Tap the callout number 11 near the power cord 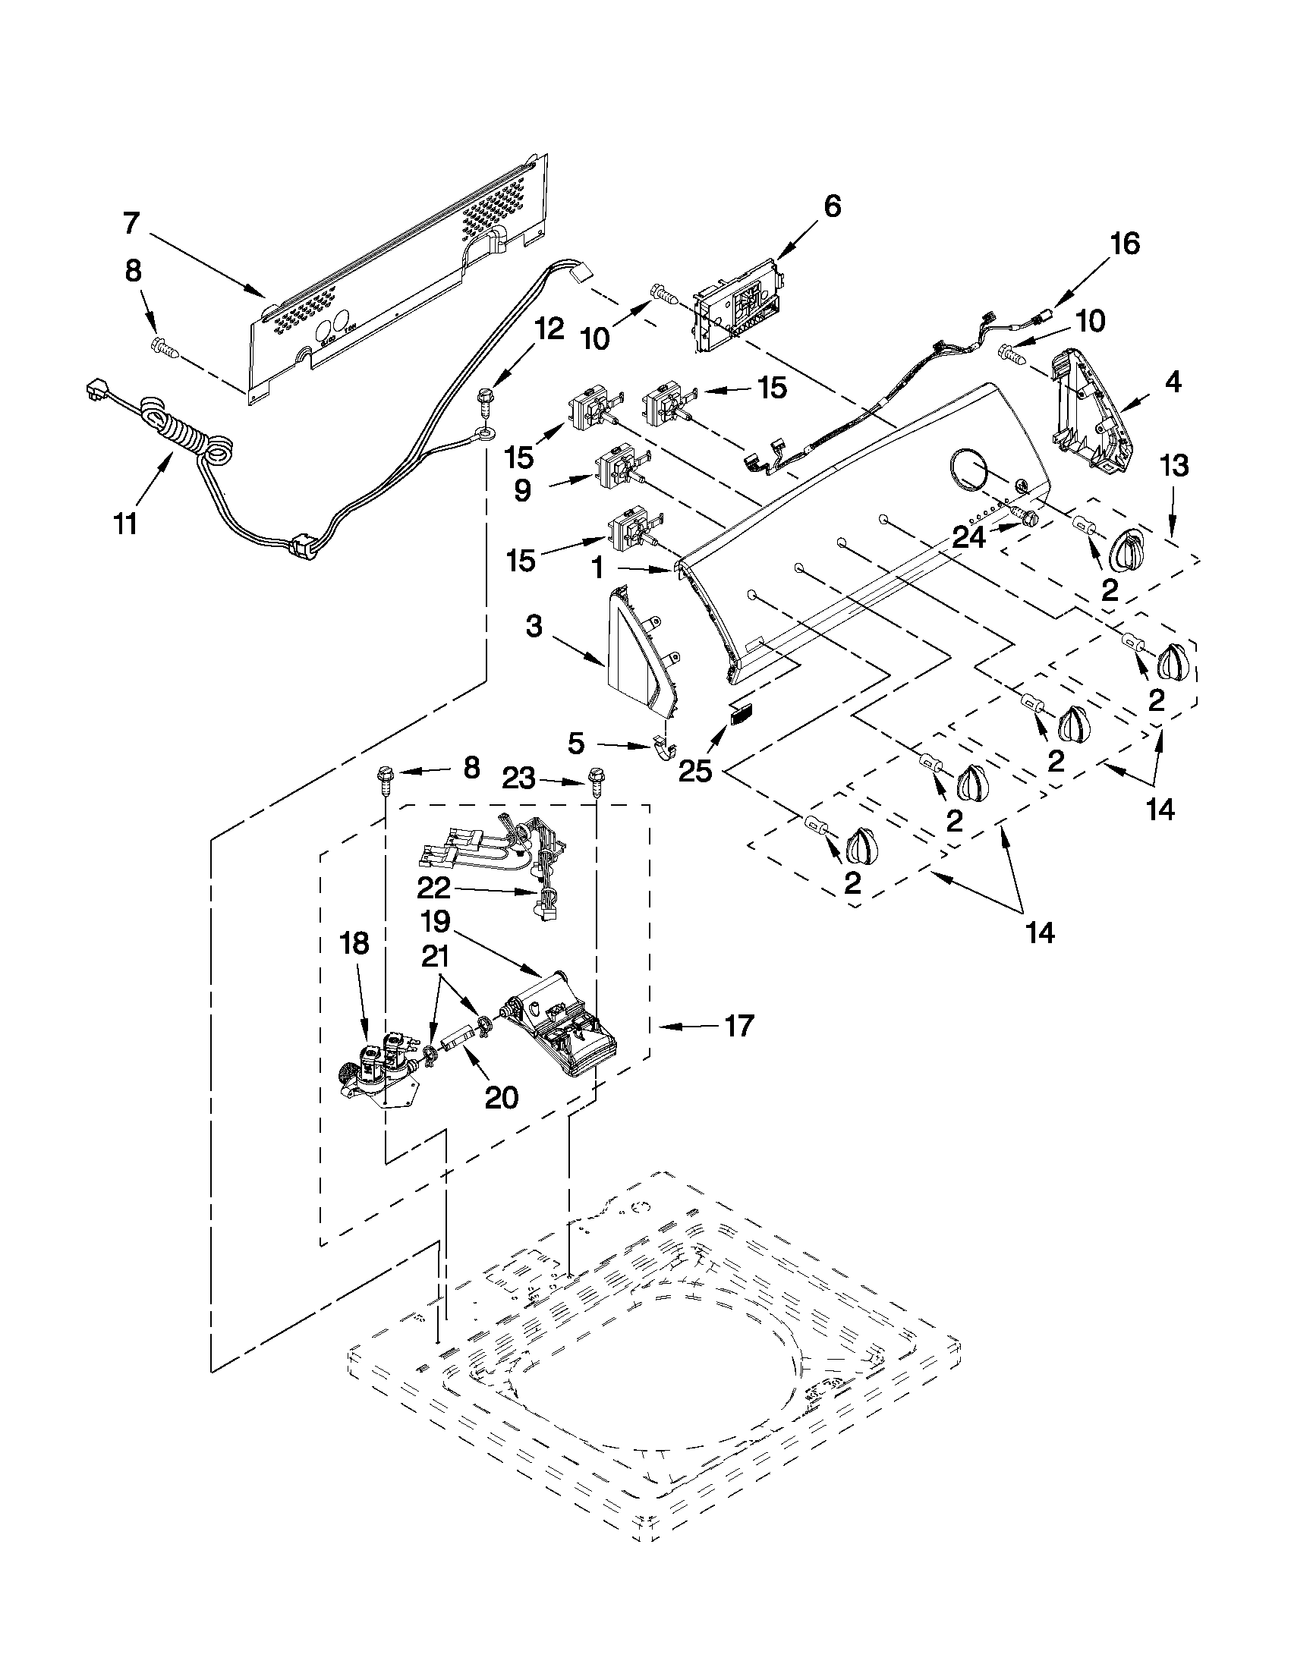click(124, 524)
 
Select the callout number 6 click(832, 206)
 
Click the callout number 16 click(1124, 244)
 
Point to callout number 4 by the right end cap click(1173, 381)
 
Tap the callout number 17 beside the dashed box click(738, 1024)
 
